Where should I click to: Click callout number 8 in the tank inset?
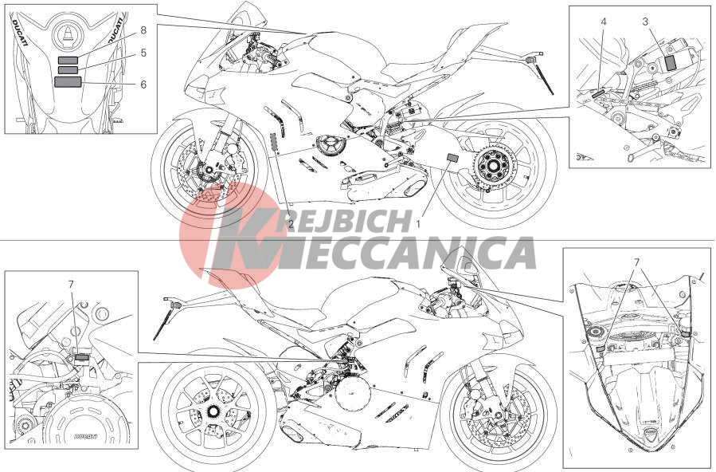pos(143,30)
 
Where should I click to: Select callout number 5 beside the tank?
pos(143,53)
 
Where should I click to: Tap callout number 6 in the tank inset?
pos(143,85)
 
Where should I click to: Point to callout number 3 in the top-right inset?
pos(645,22)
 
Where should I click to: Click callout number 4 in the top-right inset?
pos(604,22)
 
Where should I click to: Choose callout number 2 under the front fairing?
pos(291,224)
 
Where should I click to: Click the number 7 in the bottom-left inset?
pos(71,284)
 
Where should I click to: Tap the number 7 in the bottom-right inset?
pos(636,262)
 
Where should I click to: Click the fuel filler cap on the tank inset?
pos(68,35)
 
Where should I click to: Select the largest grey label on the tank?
pos(68,82)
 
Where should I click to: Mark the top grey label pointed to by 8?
pos(68,60)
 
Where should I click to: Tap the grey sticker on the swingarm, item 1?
pos(452,158)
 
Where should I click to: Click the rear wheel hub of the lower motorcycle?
pos(212,411)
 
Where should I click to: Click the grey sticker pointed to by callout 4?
pos(599,92)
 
